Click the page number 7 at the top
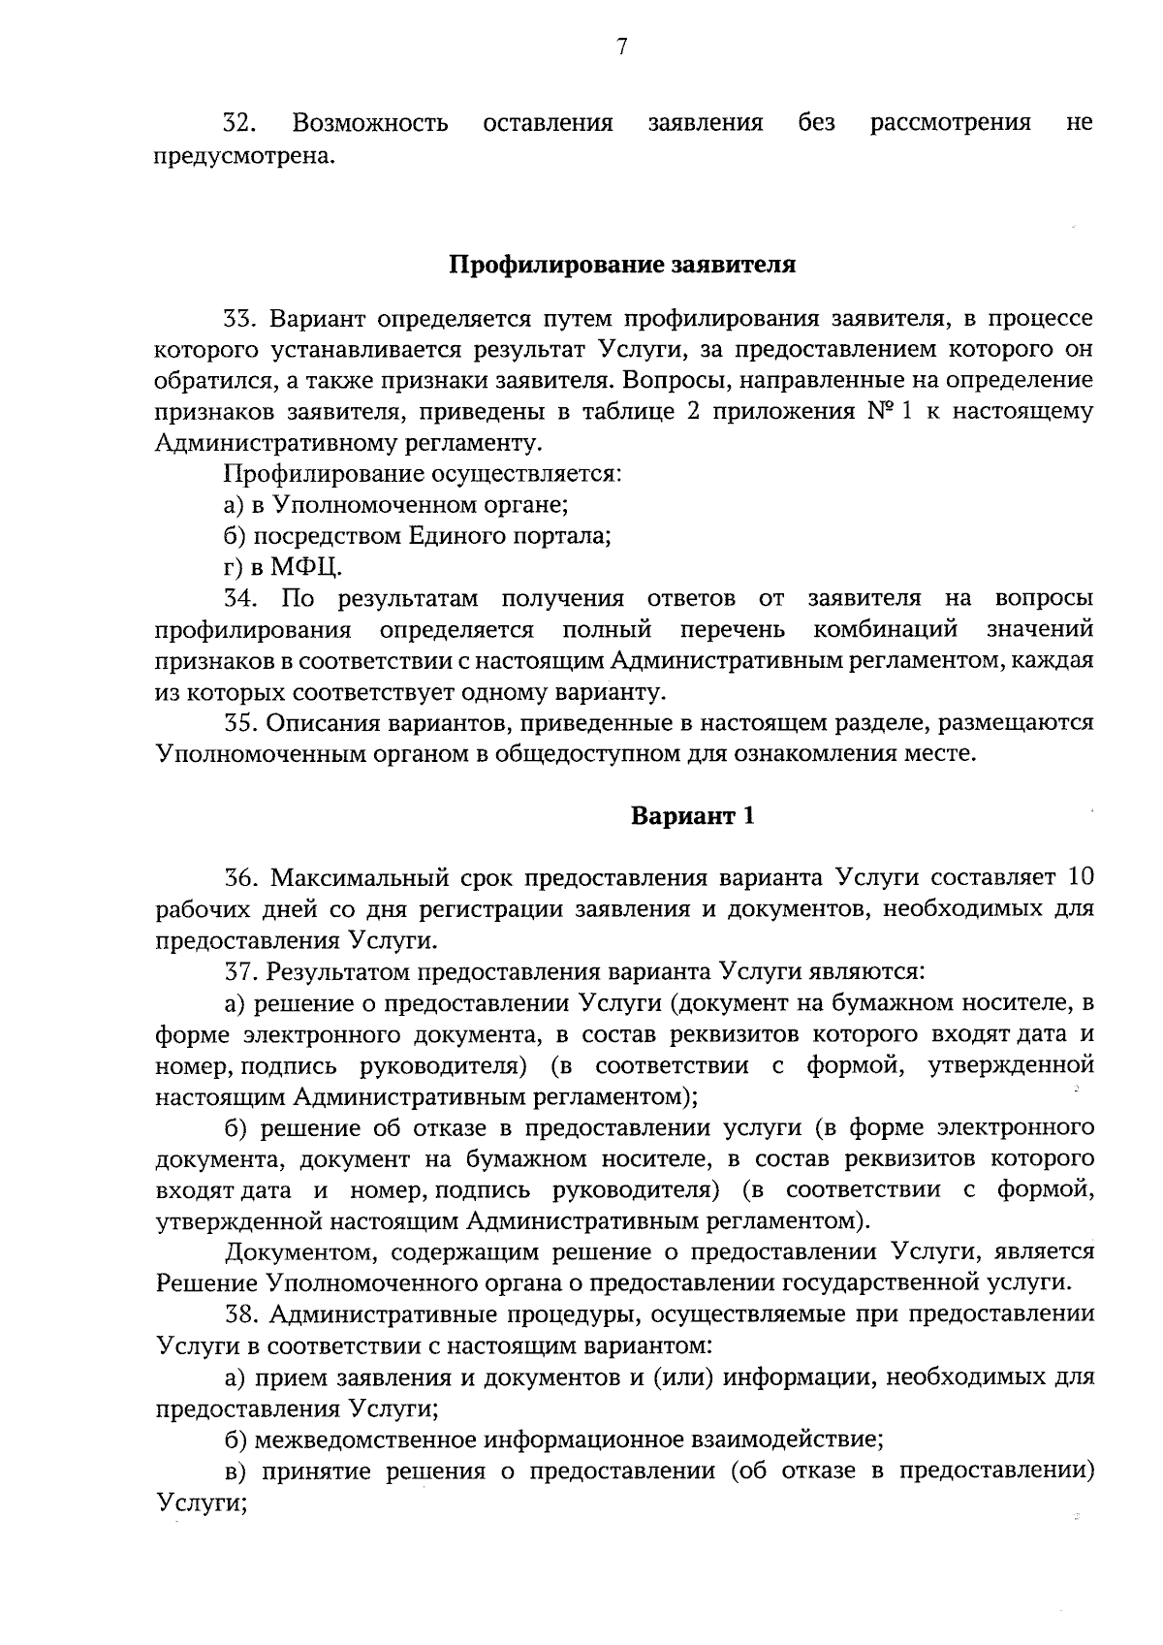621,47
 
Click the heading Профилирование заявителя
621,265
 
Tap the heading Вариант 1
692,815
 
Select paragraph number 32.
239,123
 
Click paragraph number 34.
240,598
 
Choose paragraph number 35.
240,722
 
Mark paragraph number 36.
240,878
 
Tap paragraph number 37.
240,971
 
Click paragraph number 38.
240,1314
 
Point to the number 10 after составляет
1080,878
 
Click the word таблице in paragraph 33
629,412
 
